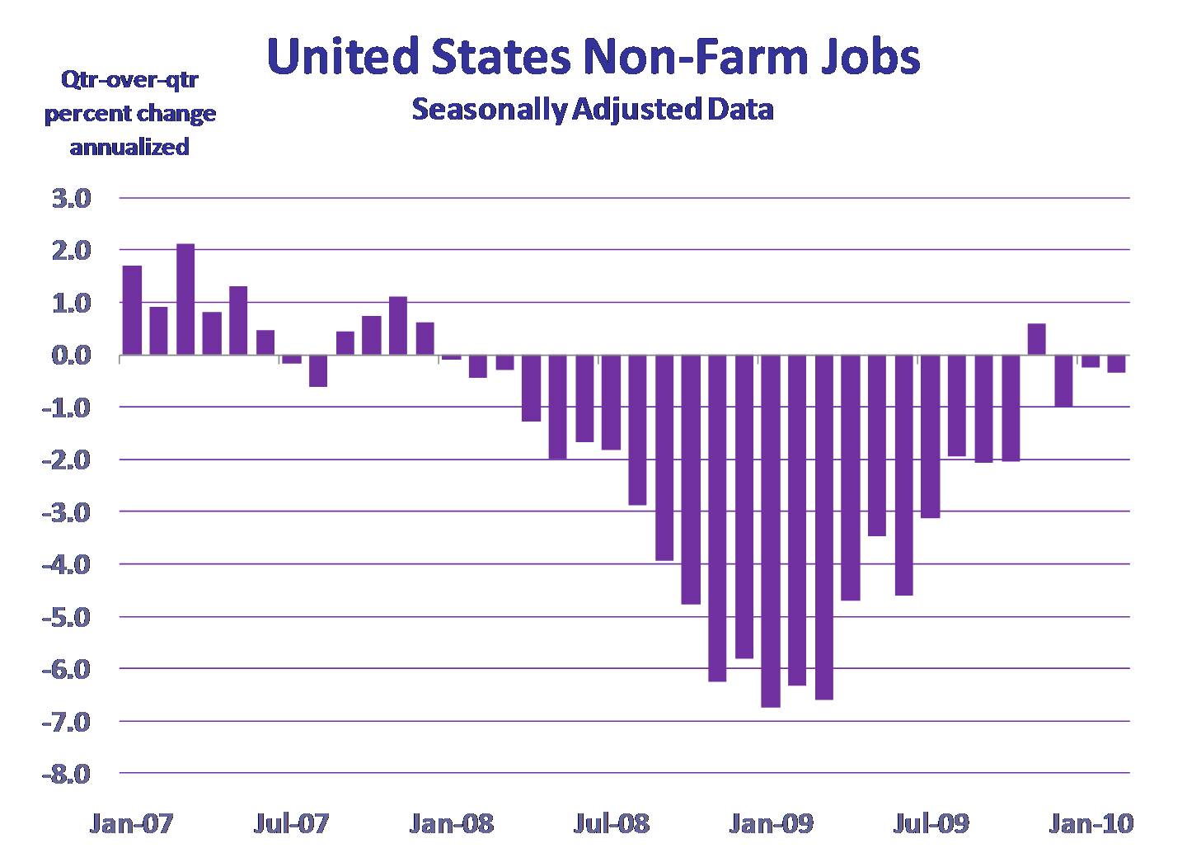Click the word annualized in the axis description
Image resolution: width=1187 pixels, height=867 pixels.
129,147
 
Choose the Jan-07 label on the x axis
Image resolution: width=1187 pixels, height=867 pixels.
131,823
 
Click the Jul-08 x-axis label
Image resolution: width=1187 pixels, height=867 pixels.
611,823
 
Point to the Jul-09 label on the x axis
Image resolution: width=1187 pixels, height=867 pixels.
931,823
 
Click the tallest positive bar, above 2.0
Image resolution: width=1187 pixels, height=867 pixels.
185,299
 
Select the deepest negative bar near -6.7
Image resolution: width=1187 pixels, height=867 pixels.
771,531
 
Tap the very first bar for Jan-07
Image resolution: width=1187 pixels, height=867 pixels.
132,310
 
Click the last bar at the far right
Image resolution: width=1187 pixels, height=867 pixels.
1117,364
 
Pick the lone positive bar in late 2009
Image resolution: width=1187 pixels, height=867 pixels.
1037,339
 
